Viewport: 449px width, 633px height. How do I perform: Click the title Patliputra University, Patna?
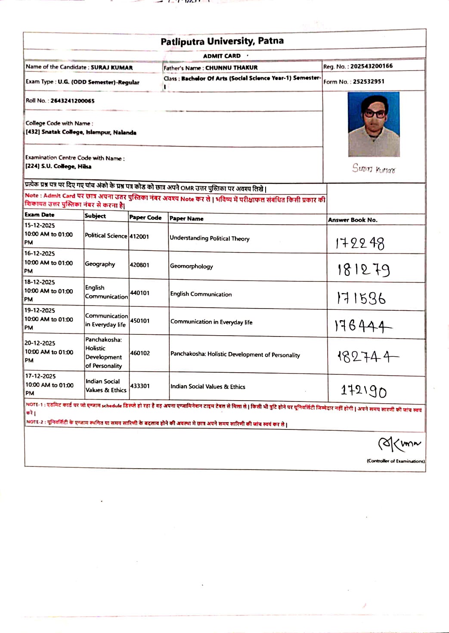222,41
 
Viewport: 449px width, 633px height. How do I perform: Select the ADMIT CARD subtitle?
222,56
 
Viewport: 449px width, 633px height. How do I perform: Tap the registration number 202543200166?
371,66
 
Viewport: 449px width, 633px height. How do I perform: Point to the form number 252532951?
368,82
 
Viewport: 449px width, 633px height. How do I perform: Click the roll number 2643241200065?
72,101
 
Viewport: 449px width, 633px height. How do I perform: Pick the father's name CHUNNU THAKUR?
231,68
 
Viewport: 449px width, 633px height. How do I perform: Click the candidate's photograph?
374,124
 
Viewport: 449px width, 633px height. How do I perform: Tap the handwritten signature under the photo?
374,168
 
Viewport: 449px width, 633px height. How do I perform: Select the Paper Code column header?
146,218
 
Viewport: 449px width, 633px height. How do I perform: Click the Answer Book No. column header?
353,220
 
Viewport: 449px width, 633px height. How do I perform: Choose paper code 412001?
139,237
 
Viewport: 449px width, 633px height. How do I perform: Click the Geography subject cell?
100,264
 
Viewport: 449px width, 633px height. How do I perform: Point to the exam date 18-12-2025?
40,282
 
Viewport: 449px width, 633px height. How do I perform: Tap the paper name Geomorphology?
192,266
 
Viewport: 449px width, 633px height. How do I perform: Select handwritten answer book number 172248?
360,244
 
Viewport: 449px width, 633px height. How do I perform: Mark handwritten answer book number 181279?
364,270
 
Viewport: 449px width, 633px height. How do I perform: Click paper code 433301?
140,386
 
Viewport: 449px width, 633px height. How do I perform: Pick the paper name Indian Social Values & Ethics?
208,387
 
